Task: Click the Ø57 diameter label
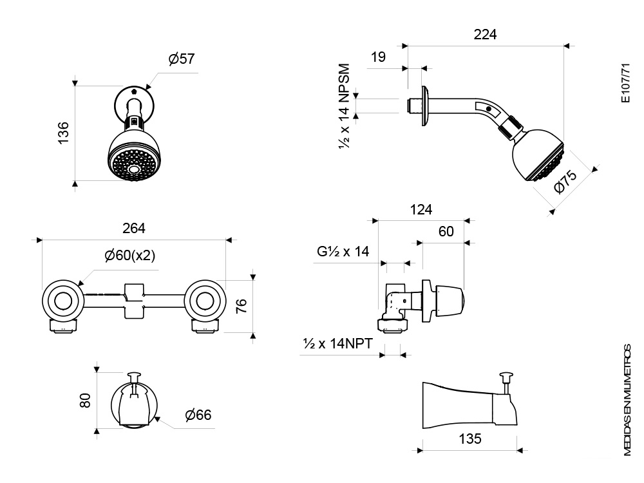[181, 59]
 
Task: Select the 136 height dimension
[63, 133]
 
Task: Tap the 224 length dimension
[485, 35]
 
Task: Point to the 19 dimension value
[378, 57]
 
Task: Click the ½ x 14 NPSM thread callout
[344, 106]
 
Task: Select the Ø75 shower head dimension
[565, 182]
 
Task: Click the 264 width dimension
[134, 229]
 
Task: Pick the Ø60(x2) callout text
[130, 256]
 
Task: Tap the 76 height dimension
[241, 306]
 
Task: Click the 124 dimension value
[421, 210]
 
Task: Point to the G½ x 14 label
[343, 251]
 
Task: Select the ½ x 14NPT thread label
[337, 343]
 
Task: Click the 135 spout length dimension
[470, 439]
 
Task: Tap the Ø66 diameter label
[198, 415]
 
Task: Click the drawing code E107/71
[625, 83]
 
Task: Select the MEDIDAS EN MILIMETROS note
[627, 400]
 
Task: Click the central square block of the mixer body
[134, 301]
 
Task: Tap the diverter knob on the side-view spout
[506, 375]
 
